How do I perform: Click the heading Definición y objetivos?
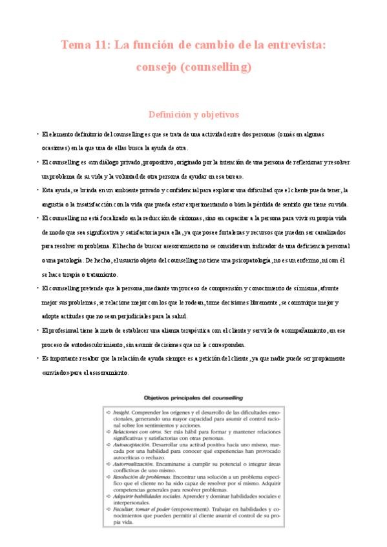194,114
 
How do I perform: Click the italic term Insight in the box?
120,410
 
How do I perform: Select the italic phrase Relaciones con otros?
134,435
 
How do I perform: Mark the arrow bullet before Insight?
108,410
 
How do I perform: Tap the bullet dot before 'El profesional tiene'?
37,330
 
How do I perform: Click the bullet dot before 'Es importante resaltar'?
37,359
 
